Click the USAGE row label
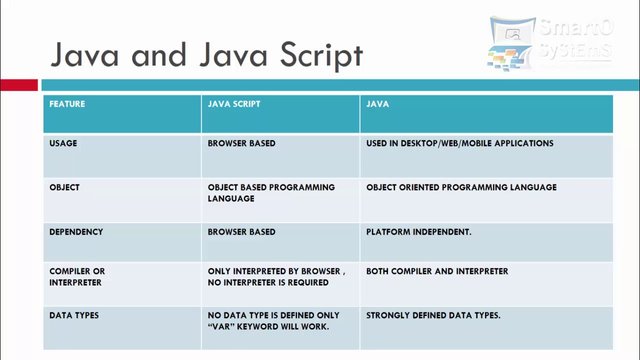[63, 144]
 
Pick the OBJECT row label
[64, 188]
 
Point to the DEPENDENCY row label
[76, 232]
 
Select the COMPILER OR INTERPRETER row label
[77, 277]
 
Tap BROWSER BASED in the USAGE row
[241, 144]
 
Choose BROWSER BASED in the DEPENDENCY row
[241, 232]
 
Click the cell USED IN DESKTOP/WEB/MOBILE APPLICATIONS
[459, 144]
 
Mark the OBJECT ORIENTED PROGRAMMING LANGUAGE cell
[461, 188]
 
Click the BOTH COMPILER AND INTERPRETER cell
[437, 272]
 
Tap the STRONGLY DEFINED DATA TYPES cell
[433, 316]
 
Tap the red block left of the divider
[18, 85]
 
